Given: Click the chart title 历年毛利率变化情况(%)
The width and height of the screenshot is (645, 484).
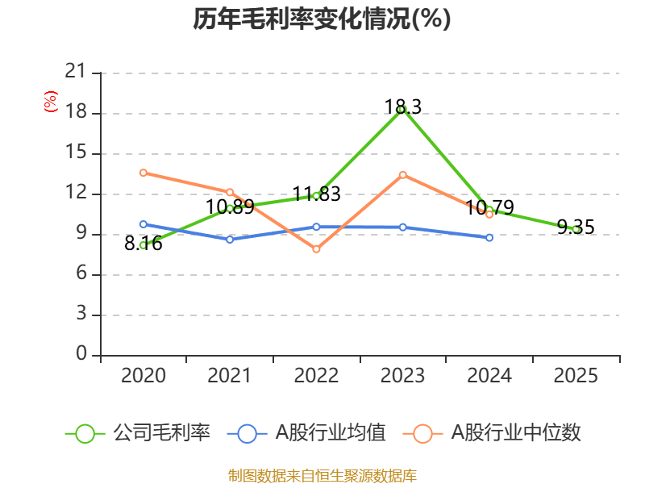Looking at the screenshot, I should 322,19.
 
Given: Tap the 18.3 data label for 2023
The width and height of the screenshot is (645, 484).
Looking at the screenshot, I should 403,106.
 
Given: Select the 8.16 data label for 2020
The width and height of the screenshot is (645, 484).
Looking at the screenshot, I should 144,244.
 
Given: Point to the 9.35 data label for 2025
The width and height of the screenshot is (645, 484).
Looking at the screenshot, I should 575,227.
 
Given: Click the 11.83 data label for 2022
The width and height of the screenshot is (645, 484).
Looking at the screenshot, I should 316,194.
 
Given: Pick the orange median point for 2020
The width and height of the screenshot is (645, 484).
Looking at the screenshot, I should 144,173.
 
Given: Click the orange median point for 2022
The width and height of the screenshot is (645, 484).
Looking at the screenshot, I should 316,249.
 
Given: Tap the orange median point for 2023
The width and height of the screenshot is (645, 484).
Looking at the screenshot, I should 403,174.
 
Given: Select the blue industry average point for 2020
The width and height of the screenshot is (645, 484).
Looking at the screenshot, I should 144,224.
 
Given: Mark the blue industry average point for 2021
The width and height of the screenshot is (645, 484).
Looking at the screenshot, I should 230,240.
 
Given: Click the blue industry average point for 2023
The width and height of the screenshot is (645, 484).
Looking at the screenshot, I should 403,227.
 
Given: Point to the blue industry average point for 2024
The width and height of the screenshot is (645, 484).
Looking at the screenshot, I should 489,238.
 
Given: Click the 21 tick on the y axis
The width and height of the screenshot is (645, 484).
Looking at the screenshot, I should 75,73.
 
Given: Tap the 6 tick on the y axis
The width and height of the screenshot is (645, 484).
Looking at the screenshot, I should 81,274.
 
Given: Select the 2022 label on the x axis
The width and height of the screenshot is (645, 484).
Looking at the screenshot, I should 316,375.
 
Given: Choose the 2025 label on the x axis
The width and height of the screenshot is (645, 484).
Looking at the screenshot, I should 575,375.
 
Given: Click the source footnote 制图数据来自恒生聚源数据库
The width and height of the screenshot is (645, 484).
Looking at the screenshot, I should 322,475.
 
